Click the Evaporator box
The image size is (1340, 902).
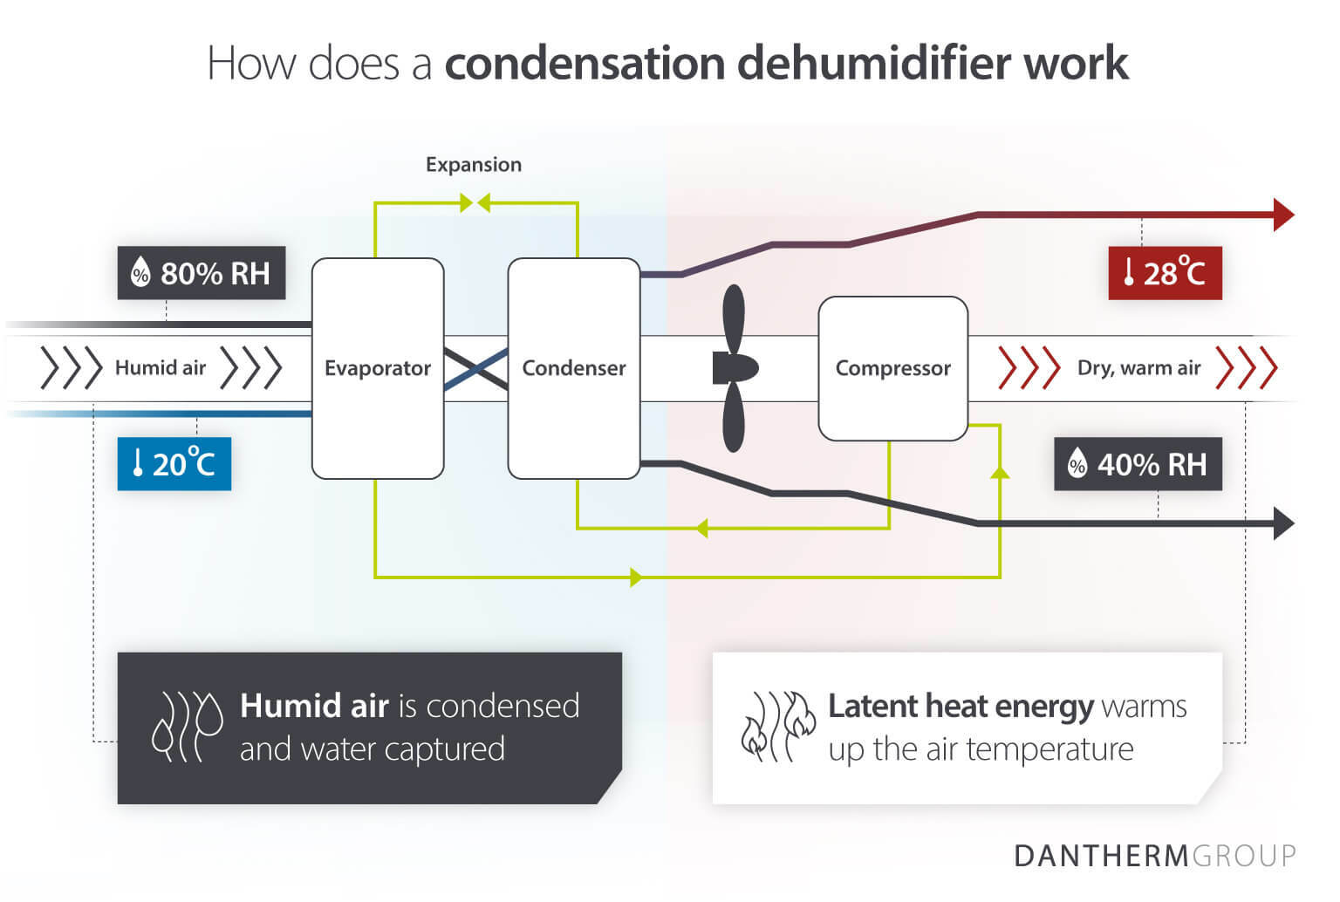click(x=378, y=368)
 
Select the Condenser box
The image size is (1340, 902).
click(x=573, y=368)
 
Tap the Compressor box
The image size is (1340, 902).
click(x=892, y=368)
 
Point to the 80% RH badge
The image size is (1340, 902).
click(x=202, y=273)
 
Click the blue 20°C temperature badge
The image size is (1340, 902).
click(x=174, y=463)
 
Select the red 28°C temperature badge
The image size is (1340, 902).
click(x=1165, y=273)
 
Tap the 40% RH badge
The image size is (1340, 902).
click(x=1138, y=464)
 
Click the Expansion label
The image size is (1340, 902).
click(x=473, y=164)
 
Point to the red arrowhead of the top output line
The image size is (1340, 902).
click(x=1283, y=215)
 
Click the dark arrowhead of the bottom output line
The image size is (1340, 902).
click(x=1283, y=523)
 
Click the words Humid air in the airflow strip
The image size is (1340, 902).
click(x=161, y=368)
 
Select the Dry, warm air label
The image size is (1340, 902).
click(x=1138, y=368)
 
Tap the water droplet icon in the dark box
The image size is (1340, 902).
click(x=187, y=727)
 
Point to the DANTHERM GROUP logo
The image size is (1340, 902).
click(x=1154, y=856)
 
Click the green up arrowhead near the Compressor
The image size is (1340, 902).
click(x=1001, y=472)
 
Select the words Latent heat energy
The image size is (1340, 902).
click(x=960, y=706)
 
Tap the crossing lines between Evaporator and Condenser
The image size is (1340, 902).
click(x=476, y=368)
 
